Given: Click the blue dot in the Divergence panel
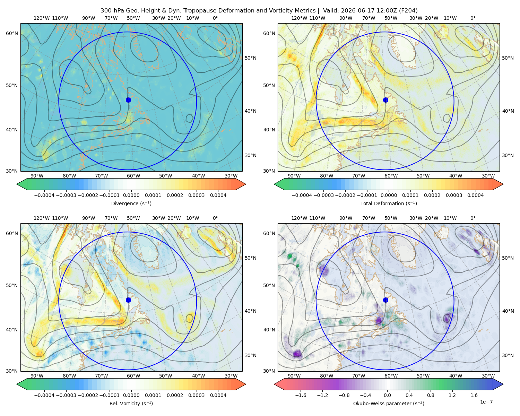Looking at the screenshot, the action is pyautogui.click(x=128, y=100).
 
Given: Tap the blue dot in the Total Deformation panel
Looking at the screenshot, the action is pyautogui.click(x=385, y=100).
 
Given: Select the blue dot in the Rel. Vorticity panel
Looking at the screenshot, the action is pyautogui.click(x=128, y=300).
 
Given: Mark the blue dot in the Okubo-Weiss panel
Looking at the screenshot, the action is pyautogui.click(x=385, y=300).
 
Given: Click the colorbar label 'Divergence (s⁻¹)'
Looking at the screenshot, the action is pyautogui.click(x=131, y=203).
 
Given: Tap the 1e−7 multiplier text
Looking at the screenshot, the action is pyautogui.click(x=486, y=402).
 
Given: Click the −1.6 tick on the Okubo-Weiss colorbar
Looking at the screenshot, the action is pyautogui.click(x=301, y=395).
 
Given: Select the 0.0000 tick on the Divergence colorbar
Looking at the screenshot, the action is pyautogui.click(x=131, y=195).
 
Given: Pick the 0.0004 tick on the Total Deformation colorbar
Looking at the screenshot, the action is pyautogui.click(x=476, y=195).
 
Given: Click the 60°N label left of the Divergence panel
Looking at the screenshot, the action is pyautogui.click(x=12, y=33).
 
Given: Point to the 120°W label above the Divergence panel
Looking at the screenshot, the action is pyautogui.click(x=42, y=18).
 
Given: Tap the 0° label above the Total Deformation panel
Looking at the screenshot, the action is pyautogui.click(x=473, y=18).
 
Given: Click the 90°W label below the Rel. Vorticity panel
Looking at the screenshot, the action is pyautogui.click(x=37, y=376).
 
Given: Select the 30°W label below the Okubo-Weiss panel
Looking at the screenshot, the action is pyautogui.click(x=488, y=376).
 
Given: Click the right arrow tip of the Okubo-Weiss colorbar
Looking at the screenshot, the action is pyautogui.click(x=503, y=384).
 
